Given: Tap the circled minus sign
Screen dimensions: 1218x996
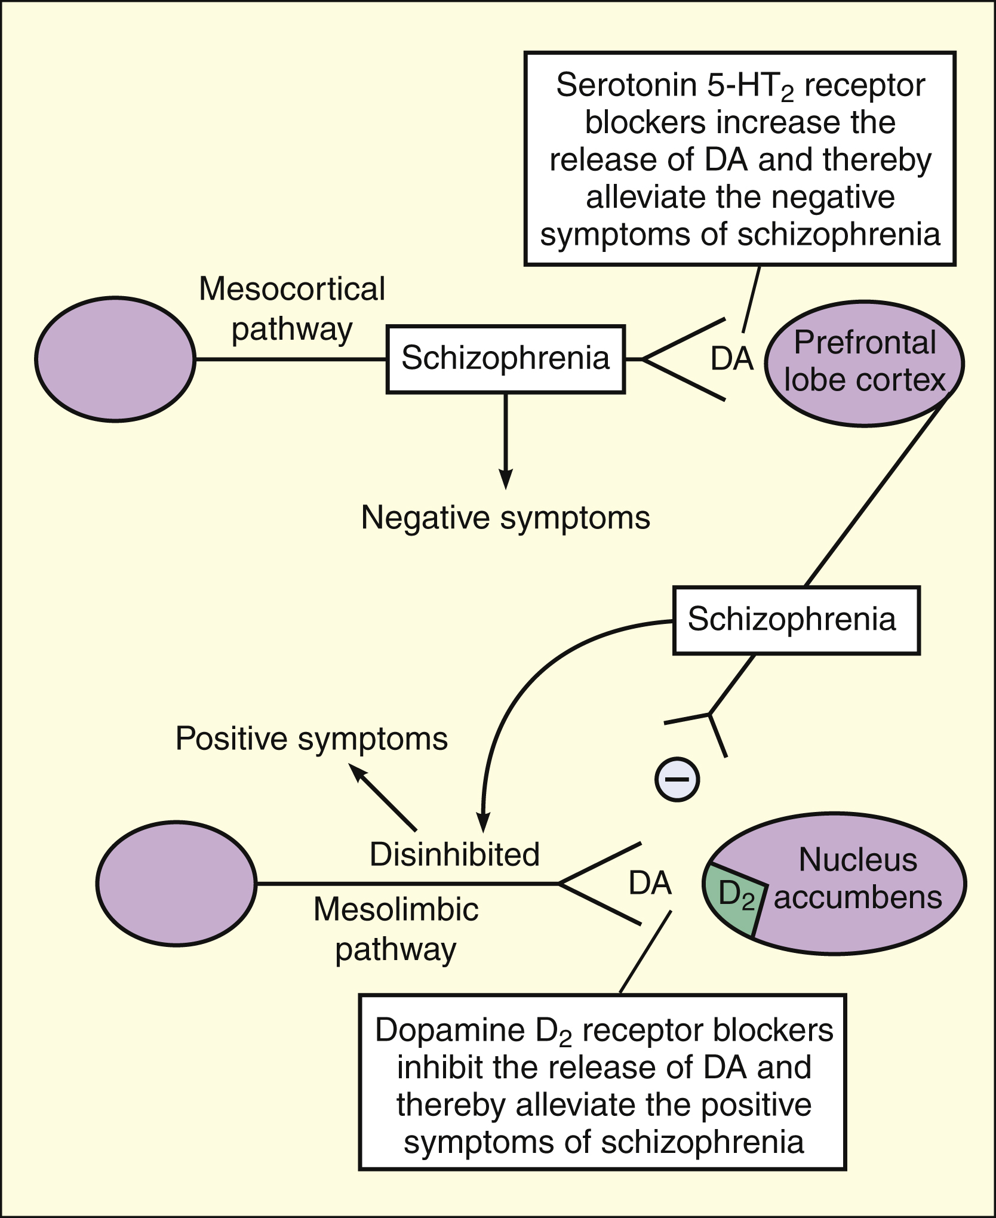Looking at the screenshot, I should [677, 779].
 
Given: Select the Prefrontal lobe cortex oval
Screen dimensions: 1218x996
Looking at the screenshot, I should [865, 362].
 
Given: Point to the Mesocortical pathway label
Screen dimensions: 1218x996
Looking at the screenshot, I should [292, 309].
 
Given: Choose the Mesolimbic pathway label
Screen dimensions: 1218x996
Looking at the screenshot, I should [396, 929].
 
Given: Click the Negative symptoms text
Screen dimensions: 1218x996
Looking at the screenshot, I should [506, 517].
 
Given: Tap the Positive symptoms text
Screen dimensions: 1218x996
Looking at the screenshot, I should [312, 739].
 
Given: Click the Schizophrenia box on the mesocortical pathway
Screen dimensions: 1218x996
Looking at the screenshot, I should [505, 358].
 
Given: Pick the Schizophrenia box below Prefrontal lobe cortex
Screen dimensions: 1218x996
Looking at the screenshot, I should [796, 619].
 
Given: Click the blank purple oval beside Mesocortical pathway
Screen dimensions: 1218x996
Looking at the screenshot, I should [115, 359].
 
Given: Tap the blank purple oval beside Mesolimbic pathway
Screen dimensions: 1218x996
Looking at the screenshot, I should [176, 883].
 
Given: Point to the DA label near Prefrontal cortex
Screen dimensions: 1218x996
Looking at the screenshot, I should [732, 359].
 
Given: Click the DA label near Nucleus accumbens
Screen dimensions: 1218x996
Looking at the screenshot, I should [650, 883].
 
